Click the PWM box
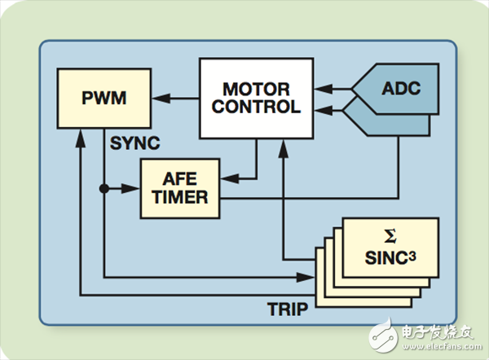click(104, 98)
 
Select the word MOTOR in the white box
click(257, 87)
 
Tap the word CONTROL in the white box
click(257, 107)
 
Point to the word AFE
click(179, 178)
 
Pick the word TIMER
click(179, 196)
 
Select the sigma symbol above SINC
click(391, 237)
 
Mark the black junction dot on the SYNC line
click(104, 188)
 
